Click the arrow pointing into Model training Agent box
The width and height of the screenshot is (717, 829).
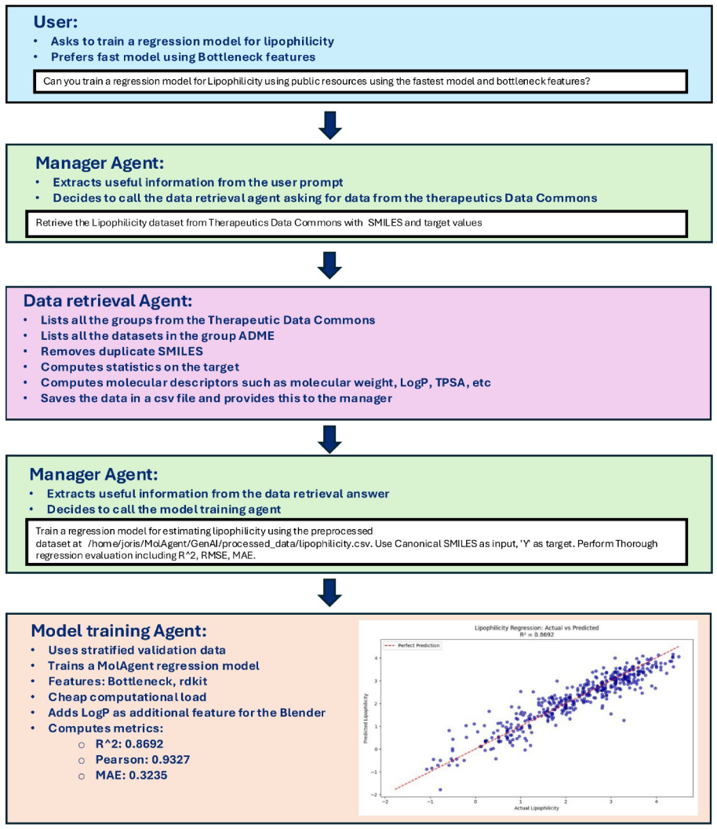tap(330, 591)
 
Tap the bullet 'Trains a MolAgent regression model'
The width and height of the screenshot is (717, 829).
tap(154, 665)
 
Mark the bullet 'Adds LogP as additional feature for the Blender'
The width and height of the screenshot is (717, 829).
tap(187, 712)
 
